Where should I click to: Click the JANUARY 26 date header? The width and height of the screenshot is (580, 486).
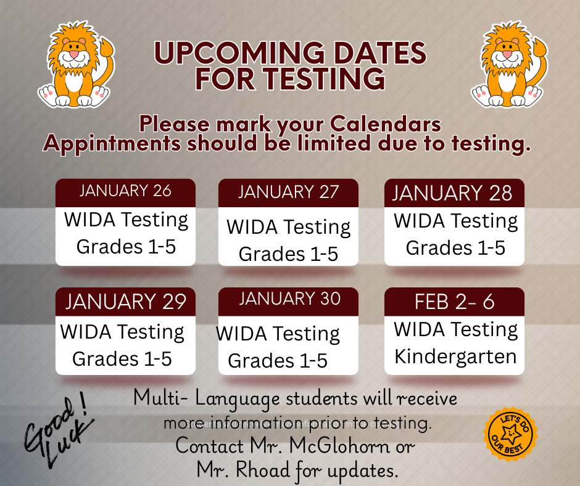[x=125, y=191]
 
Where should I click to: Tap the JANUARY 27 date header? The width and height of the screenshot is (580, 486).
[x=288, y=192]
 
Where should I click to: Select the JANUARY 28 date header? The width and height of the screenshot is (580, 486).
[x=454, y=193]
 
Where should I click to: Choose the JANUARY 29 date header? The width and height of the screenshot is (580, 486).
[x=125, y=302]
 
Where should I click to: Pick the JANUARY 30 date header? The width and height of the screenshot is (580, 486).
[x=289, y=299]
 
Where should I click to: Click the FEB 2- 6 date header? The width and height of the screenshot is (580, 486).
[x=454, y=302]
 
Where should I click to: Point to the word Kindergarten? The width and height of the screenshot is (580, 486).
[x=455, y=356]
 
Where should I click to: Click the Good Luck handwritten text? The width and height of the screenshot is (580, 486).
[x=59, y=426]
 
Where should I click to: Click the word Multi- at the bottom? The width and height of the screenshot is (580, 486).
[x=160, y=398]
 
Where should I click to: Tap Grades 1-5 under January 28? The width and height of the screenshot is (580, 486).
[x=455, y=248]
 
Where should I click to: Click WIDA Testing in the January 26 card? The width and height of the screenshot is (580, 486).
[x=126, y=220]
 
